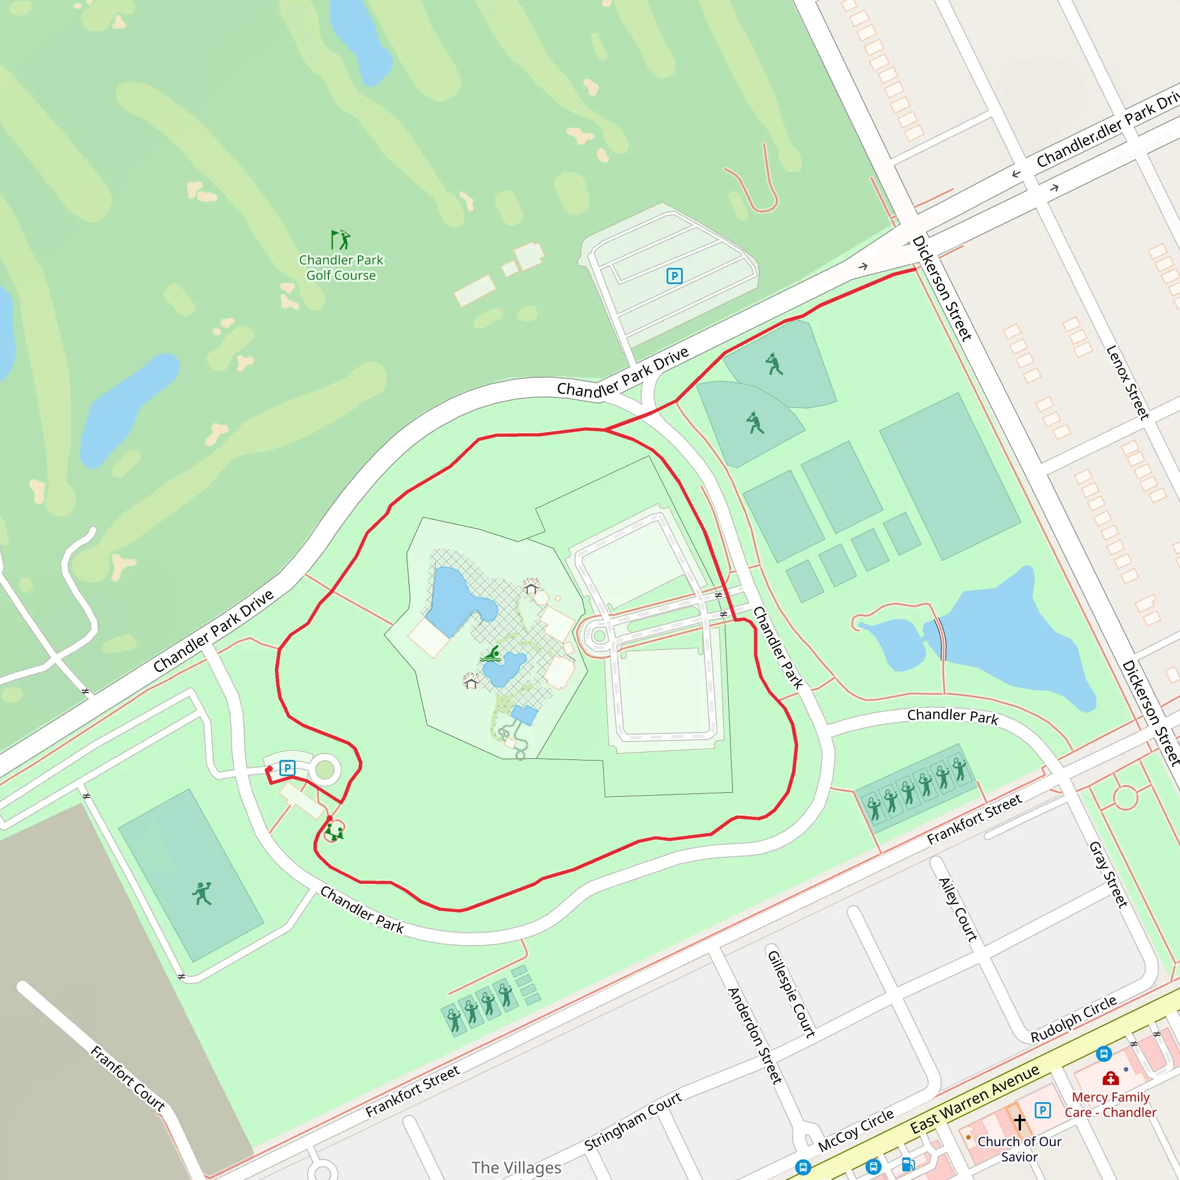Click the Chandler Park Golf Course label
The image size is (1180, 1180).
[341, 267]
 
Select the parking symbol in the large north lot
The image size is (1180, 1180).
[674, 276]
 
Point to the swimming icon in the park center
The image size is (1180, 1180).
[491, 655]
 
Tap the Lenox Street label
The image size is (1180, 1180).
[1128, 383]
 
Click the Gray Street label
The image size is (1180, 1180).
[1108, 875]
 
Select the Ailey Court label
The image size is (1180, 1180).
[958, 909]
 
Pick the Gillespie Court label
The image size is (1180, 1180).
[792, 994]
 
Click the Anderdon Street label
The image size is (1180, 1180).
[755, 1036]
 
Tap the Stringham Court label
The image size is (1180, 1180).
[633, 1121]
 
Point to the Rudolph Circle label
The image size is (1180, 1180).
[1074, 1019]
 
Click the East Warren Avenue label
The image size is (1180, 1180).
[975, 1099]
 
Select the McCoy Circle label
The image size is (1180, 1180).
[856, 1130]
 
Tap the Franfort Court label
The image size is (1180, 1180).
[128, 1078]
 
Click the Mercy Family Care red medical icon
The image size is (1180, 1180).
[1110, 1079]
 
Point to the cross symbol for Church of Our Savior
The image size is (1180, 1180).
[1019, 1122]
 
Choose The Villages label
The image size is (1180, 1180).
[516, 1167]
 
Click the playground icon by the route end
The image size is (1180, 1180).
[334, 832]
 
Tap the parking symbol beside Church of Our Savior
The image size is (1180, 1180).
[1042, 1110]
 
